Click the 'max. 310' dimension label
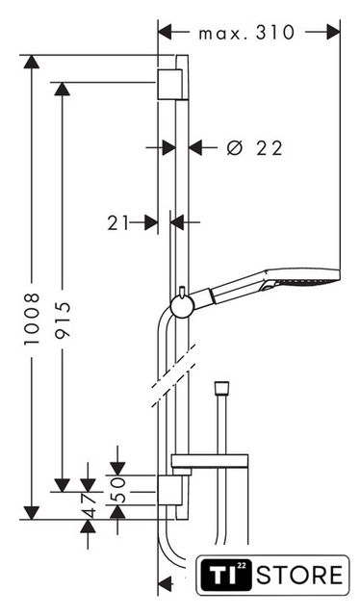pos(246,33)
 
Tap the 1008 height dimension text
pos(32,319)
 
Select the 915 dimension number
pos(63,320)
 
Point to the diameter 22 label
pos(255,148)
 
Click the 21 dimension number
pos(118,223)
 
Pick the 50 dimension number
pos(117,490)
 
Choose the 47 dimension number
pos(88,504)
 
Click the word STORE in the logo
pos(300,576)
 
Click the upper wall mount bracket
pos(169,85)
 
